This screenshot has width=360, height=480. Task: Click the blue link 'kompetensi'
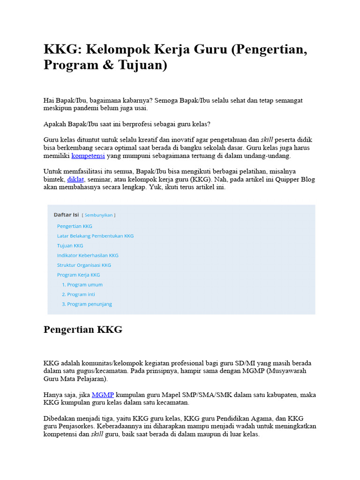[x=88, y=156]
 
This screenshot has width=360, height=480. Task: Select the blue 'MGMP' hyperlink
[x=103, y=395]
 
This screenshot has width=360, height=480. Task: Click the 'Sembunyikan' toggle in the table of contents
[x=98, y=215]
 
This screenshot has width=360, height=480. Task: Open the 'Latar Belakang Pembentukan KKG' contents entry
[x=95, y=236]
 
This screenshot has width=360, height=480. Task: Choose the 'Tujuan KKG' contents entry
[x=70, y=246]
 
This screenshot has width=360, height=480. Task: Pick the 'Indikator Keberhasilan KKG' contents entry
[x=88, y=255]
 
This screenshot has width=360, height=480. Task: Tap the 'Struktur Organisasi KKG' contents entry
[x=84, y=265]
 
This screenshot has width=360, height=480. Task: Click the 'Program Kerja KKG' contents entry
[x=78, y=275]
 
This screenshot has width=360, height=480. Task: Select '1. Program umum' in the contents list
[x=82, y=285]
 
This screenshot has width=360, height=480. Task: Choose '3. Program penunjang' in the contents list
[x=87, y=304]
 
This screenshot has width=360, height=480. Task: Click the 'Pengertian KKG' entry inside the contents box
[x=75, y=226]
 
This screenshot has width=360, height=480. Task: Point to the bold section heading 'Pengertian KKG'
[x=83, y=330]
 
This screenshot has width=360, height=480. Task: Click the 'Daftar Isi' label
[x=66, y=215]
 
